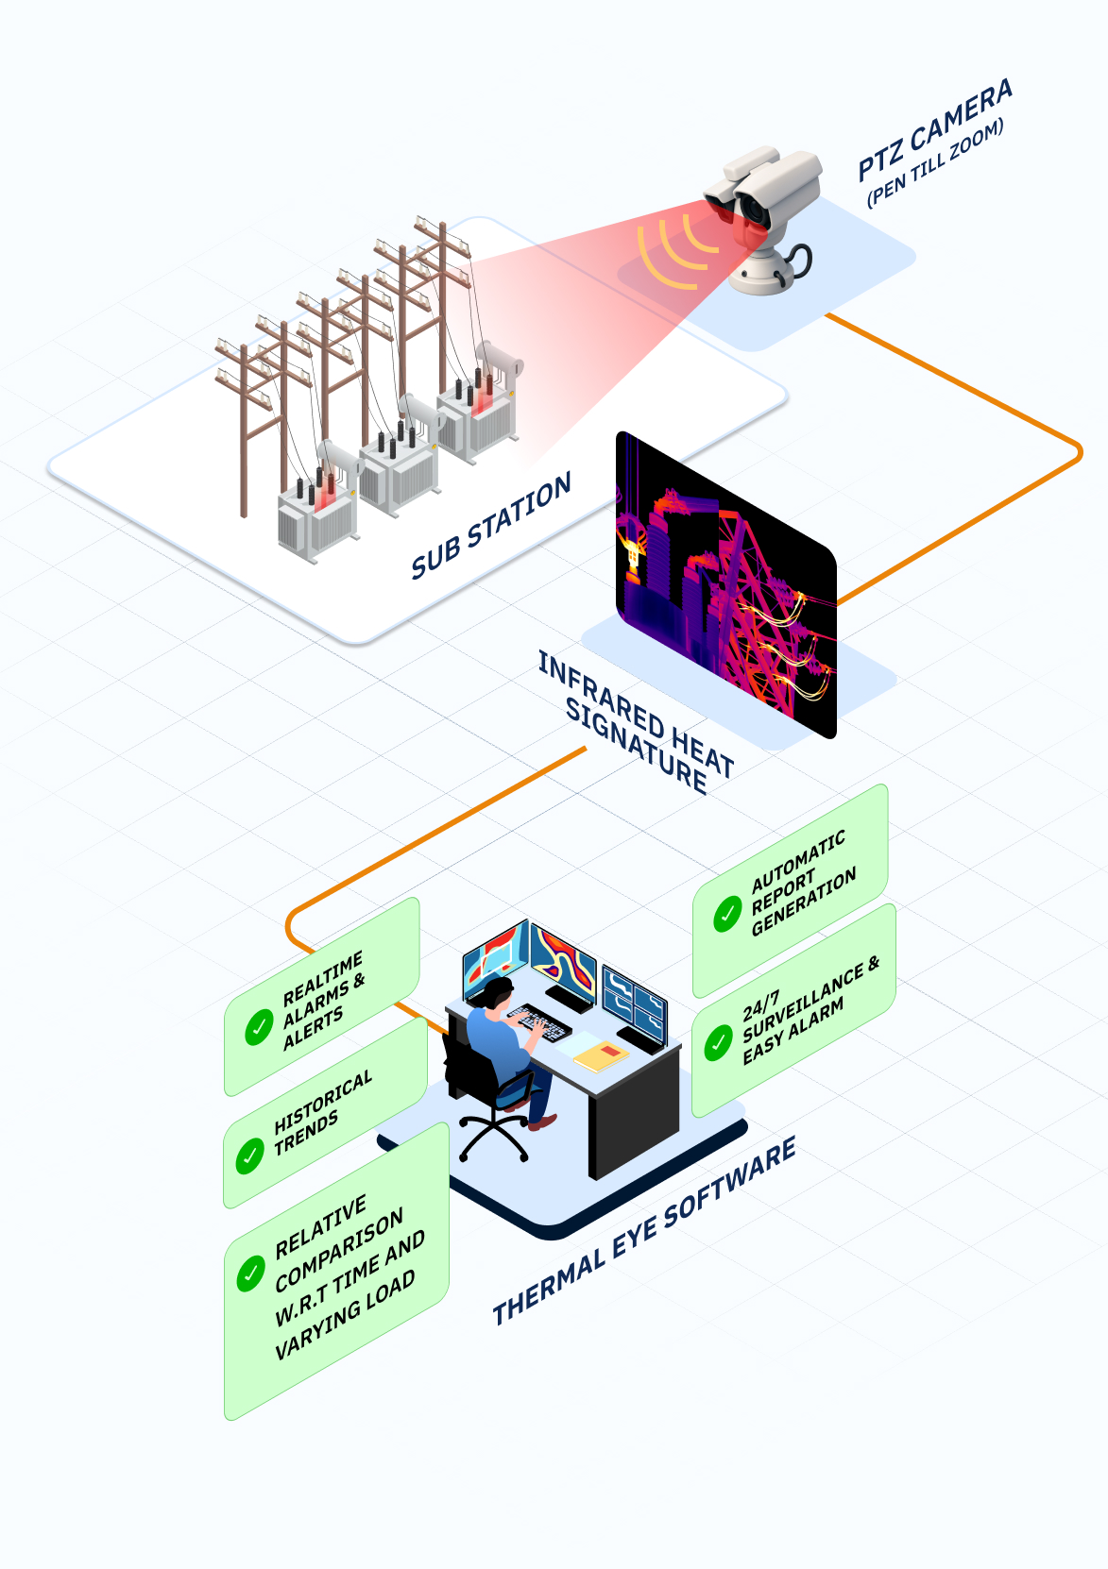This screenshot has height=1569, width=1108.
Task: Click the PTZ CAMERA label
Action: coord(934,129)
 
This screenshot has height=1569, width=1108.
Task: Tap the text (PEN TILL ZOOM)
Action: coord(935,161)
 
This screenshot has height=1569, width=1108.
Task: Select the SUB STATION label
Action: coord(490,525)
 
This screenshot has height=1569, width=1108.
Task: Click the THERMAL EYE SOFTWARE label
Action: coord(644,1231)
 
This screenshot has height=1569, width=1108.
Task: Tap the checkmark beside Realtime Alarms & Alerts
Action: coord(259,1028)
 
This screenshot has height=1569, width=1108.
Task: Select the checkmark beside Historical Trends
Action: coord(249,1155)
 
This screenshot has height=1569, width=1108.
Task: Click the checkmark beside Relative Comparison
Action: coord(249,1274)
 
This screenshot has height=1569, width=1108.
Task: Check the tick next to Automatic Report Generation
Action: coord(726,914)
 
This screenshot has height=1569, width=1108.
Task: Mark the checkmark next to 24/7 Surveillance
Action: coord(719,1042)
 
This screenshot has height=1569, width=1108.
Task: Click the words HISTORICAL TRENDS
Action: coord(322,1114)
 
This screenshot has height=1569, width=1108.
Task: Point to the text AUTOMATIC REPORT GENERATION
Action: coord(803,886)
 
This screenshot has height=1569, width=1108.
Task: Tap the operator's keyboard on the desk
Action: coord(539,1021)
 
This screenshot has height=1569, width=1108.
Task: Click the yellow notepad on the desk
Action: coord(602,1054)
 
